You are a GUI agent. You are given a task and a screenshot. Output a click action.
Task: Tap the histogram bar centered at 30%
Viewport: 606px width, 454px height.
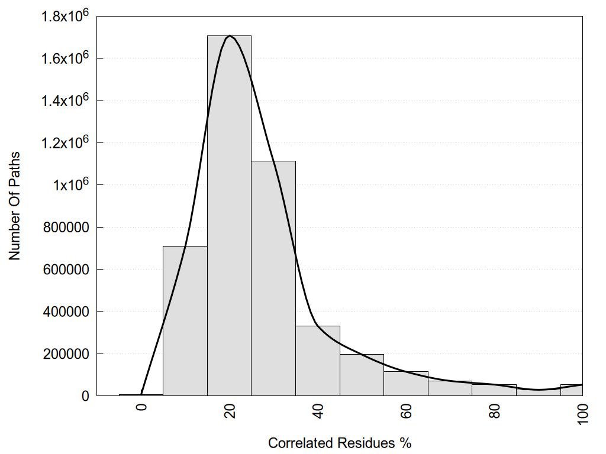(273, 278)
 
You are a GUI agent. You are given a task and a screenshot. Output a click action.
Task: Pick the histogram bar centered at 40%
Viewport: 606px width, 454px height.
(318, 361)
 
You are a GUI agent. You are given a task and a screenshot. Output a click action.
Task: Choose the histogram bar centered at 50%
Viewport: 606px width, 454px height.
(362, 375)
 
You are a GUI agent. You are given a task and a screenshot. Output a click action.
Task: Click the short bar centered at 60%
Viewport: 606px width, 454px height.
(406, 384)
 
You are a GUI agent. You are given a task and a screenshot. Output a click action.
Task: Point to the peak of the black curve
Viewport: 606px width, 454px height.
(230, 35)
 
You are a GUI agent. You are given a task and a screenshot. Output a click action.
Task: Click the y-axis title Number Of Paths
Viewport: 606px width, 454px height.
(15, 206)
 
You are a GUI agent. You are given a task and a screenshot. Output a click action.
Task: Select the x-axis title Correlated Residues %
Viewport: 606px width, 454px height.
(339, 443)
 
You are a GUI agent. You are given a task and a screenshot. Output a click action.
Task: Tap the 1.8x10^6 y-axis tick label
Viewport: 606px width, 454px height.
(65, 17)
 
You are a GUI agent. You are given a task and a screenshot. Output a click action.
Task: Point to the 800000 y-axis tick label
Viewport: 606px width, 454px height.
(68, 227)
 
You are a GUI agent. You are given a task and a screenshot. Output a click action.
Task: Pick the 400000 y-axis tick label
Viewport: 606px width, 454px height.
(68, 312)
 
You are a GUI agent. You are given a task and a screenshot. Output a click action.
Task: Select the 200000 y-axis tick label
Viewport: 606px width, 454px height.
(68, 354)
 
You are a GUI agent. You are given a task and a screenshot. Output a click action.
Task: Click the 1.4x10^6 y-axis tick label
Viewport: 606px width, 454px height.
(65, 100)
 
